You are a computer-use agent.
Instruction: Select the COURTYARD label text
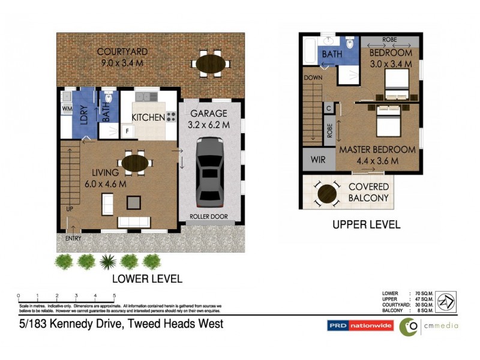click(123, 52)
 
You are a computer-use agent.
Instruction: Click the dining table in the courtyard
click(210, 63)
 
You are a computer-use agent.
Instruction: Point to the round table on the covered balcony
click(327, 193)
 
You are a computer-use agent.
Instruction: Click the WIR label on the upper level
click(316, 161)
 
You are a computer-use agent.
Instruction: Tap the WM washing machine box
click(66, 109)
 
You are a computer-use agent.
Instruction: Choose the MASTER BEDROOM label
click(377, 149)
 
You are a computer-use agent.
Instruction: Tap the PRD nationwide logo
click(360, 326)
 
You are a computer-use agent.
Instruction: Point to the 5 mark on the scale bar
click(114, 296)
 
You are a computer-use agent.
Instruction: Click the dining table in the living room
click(137, 163)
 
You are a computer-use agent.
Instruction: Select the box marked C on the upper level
click(328, 108)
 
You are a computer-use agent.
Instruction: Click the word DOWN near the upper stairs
click(313, 78)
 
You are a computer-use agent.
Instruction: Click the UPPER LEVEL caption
click(367, 225)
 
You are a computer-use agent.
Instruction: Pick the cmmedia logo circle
click(409, 326)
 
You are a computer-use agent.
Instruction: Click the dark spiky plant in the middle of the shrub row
click(108, 262)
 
